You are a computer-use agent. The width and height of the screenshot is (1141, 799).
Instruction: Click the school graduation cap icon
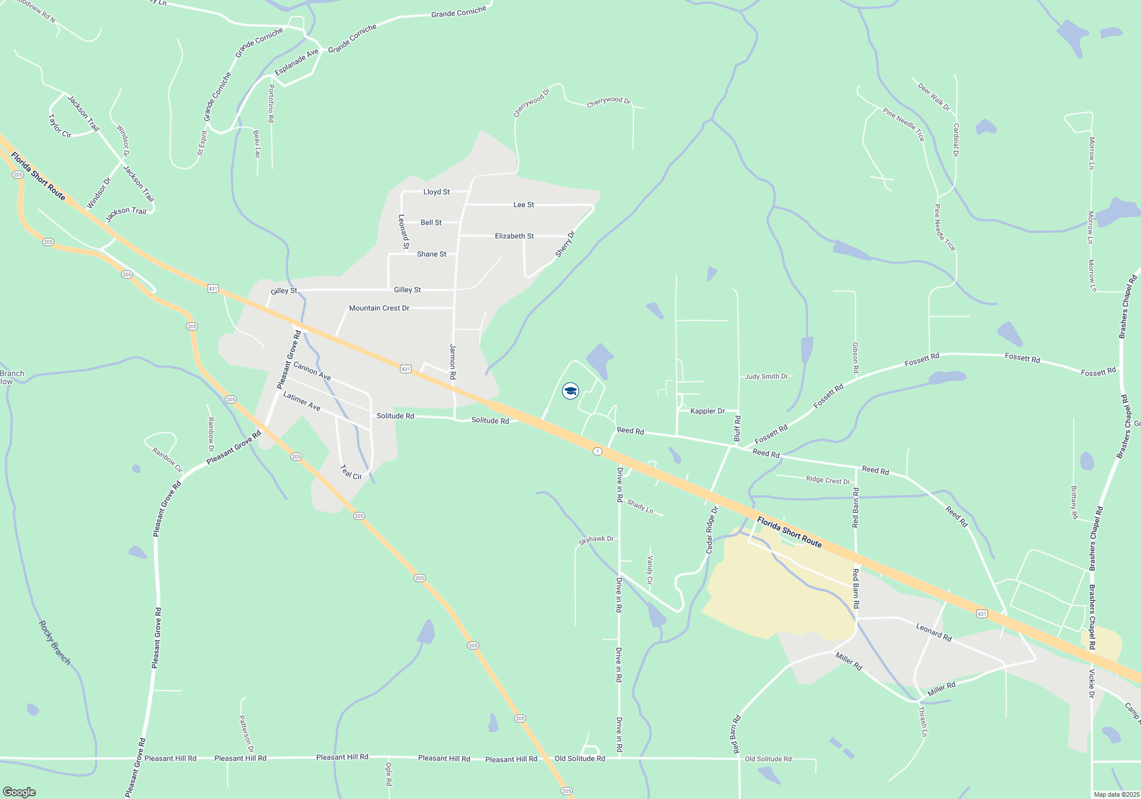[x=570, y=391]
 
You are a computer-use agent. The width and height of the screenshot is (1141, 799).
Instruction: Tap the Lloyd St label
[x=436, y=192]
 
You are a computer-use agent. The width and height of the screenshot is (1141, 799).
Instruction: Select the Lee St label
[x=524, y=205]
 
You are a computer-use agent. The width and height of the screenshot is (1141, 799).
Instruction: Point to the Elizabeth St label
[x=514, y=236]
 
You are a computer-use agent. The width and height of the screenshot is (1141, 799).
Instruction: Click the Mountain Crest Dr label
[x=379, y=308]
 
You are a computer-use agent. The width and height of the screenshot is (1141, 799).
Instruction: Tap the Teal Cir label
[x=351, y=472]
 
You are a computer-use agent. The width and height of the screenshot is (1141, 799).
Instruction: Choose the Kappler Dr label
[x=707, y=411]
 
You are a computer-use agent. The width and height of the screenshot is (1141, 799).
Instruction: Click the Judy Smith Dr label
[x=766, y=377]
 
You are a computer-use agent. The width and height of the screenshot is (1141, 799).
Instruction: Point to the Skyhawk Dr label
[x=596, y=539]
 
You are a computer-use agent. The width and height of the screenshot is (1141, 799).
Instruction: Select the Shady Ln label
[x=640, y=506]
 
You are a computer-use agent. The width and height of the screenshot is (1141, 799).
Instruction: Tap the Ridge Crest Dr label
[x=828, y=481]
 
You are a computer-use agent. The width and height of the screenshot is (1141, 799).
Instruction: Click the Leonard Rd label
[x=933, y=632]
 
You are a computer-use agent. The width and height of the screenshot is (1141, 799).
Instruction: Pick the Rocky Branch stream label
[x=54, y=643]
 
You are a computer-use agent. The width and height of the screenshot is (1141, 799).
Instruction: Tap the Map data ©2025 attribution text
[x=1116, y=794]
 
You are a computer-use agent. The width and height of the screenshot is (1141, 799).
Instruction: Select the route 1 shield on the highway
[x=597, y=451]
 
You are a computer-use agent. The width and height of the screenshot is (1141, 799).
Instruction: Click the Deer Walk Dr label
[x=934, y=97]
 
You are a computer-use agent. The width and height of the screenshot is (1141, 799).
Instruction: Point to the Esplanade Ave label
[x=297, y=62]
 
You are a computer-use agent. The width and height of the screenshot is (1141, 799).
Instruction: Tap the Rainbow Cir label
[x=167, y=460]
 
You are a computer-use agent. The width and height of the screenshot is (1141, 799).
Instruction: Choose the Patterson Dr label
[x=246, y=734]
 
